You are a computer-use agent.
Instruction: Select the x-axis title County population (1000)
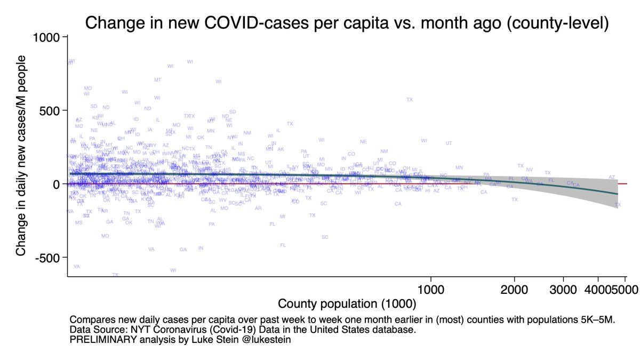point(347,305)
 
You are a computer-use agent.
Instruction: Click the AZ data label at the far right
point(612,177)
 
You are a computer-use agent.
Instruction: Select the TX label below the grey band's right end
point(618,205)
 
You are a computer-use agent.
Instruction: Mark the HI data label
point(428,191)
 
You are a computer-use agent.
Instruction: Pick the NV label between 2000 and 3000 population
point(529,170)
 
